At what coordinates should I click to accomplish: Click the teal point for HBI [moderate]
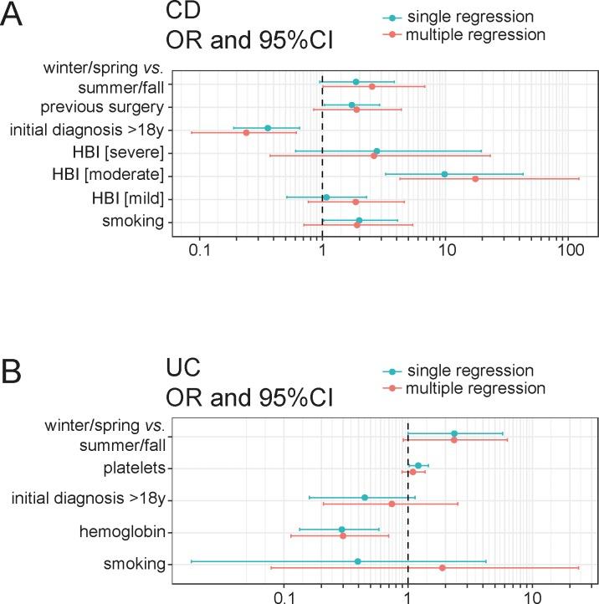(x=444, y=174)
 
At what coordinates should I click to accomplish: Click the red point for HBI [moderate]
(x=475, y=179)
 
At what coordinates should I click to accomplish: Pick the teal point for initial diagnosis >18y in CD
(x=268, y=128)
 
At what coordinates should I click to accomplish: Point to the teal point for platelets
(x=418, y=465)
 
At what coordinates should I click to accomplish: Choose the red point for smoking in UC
(x=442, y=568)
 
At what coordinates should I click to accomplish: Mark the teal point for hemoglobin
(x=341, y=530)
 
